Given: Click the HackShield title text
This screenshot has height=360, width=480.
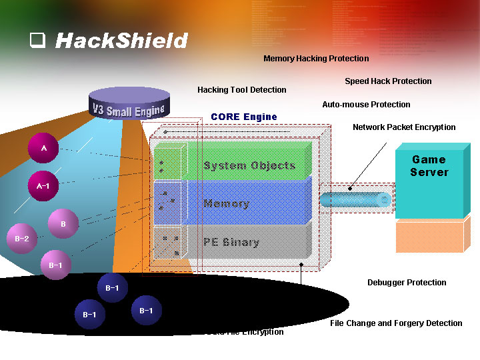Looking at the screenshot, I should (121, 41).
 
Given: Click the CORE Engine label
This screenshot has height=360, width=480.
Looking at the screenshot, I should (243, 117).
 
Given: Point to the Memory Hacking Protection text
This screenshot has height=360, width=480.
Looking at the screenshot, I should (316, 59).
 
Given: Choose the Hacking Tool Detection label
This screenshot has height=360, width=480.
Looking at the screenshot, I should (242, 90).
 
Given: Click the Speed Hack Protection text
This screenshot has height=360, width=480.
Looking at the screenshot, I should (388, 81).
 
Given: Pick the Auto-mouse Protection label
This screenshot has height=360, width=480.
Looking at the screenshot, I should (366, 105).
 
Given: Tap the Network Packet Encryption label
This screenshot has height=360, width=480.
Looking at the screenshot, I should (404, 127).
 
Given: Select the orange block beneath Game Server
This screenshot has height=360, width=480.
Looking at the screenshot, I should (429, 237).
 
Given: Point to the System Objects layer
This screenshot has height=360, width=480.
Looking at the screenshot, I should (249, 165).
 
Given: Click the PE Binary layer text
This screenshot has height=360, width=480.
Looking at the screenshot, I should (231, 242).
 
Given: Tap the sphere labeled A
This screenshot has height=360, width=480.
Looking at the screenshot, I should (44, 148).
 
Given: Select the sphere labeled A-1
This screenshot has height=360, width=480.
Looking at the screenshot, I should (43, 186).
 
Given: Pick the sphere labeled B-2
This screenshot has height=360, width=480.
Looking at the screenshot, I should (21, 239).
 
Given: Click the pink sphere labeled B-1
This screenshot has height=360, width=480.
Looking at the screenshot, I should (55, 265).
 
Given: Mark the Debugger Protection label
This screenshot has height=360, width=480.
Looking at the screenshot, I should (407, 283).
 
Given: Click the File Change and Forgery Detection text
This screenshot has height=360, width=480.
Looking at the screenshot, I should (396, 323).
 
